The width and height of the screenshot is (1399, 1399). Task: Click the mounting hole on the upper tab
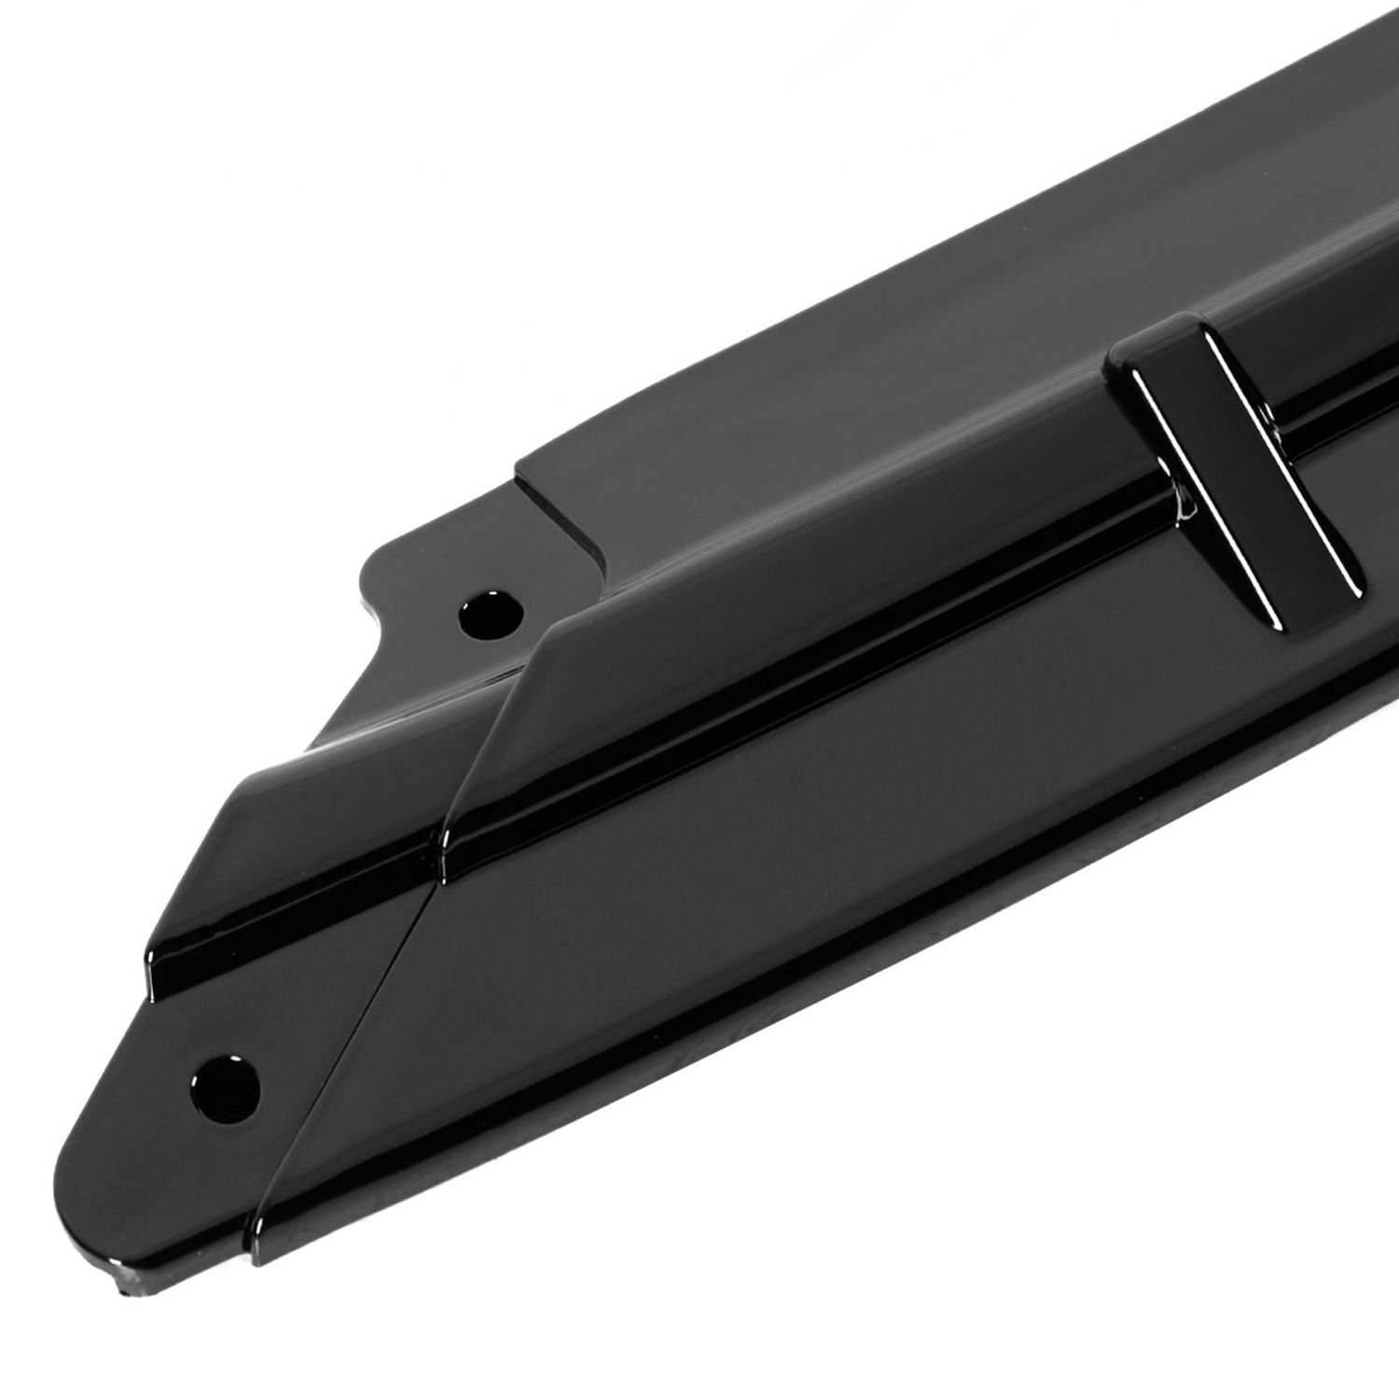(491, 613)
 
